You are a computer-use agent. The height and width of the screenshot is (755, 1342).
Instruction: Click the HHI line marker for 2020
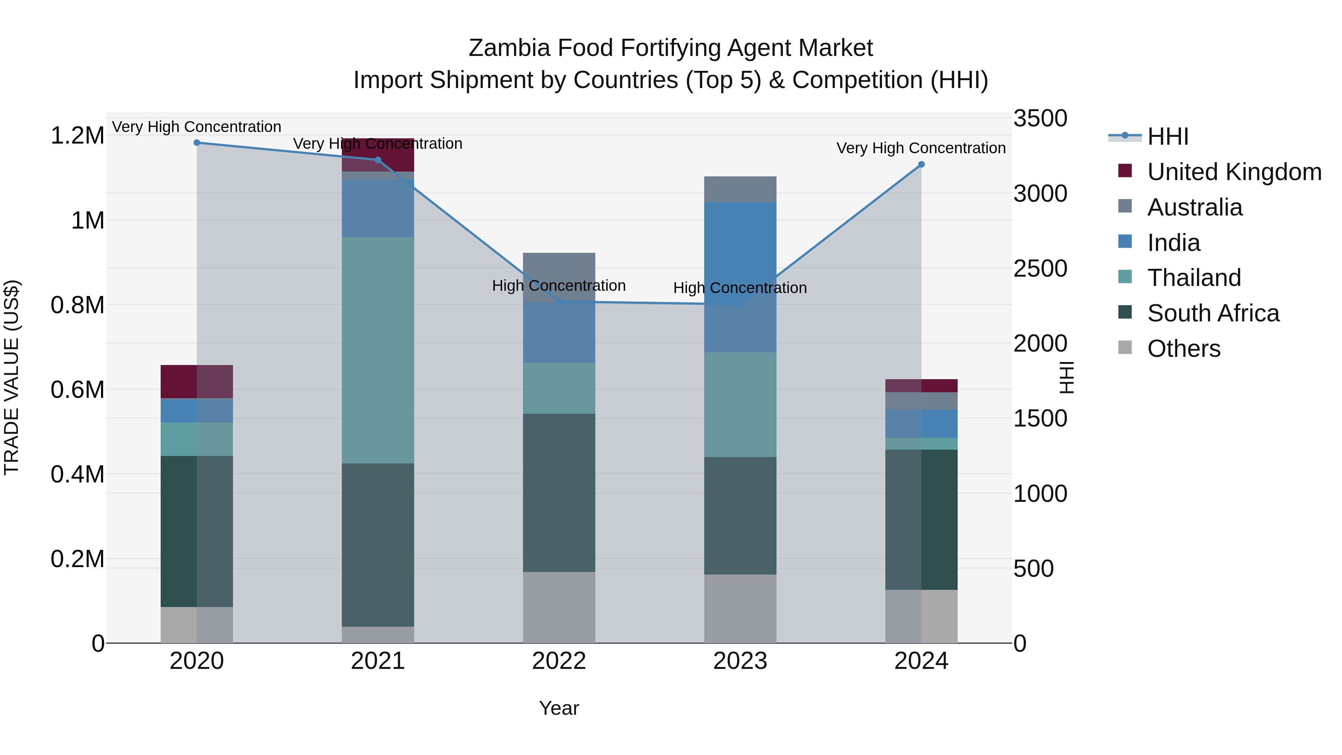pyautogui.click(x=197, y=143)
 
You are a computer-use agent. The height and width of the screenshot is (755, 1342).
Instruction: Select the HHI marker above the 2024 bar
pyautogui.click(x=921, y=165)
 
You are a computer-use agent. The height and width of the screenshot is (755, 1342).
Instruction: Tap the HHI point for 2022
pyautogui.click(x=560, y=302)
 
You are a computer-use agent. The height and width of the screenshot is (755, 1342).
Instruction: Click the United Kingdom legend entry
pyautogui.click(x=1234, y=172)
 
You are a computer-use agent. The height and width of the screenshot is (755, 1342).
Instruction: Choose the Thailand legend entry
pyautogui.click(x=1194, y=278)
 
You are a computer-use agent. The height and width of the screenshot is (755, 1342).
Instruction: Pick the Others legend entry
pyautogui.click(x=1184, y=349)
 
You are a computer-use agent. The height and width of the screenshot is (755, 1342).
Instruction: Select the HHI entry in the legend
pyautogui.click(x=1168, y=136)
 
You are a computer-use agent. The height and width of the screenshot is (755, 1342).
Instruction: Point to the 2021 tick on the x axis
pyautogui.click(x=378, y=661)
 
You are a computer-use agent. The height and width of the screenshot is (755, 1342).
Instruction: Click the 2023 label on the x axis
pyautogui.click(x=740, y=661)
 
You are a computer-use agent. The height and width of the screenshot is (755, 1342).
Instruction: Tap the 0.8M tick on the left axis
pyautogui.click(x=78, y=305)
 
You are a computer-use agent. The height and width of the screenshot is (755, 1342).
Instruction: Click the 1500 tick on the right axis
pyautogui.click(x=1040, y=419)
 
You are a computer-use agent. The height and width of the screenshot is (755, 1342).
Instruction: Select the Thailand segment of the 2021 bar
pyautogui.click(x=378, y=350)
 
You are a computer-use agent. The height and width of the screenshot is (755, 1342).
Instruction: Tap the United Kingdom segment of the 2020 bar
pyautogui.click(x=196, y=382)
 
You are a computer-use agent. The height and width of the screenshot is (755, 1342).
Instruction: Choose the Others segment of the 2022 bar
pyautogui.click(x=559, y=608)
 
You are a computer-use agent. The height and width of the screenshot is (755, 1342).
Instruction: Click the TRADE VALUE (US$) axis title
pyautogui.click(x=12, y=377)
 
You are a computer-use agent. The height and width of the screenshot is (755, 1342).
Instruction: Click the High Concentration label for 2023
pyautogui.click(x=740, y=288)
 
